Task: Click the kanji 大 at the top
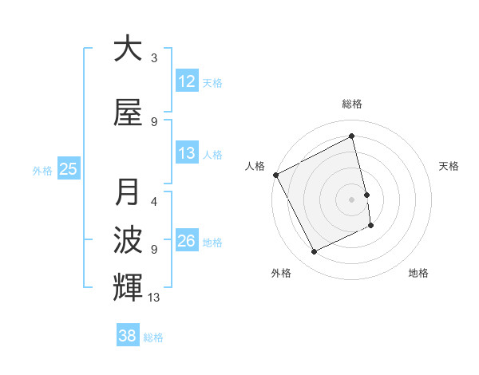click(x=128, y=49)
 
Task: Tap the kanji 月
click(x=128, y=192)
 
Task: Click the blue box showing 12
click(x=187, y=81)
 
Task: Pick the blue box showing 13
click(x=187, y=154)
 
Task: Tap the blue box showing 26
click(x=187, y=242)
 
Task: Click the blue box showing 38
click(x=127, y=336)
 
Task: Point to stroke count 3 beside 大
click(x=154, y=58)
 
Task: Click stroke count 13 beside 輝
click(x=154, y=298)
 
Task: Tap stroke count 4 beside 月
click(x=154, y=202)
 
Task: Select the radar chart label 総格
click(x=352, y=104)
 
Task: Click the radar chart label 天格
click(x=449, y=166)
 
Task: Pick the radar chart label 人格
click(x=255, y=166)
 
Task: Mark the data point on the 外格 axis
click(x=314, y=252)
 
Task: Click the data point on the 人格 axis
click(x=275, y=175)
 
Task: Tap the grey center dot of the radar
click(x=352, y=199)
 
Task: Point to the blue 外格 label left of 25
click(x=42, y=170)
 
